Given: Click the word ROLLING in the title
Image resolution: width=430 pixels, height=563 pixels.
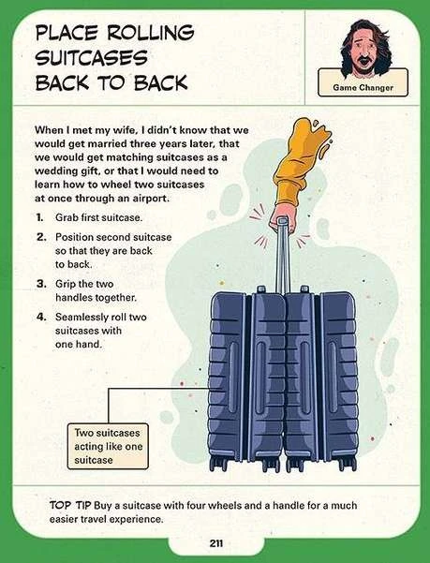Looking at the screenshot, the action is (151, 33).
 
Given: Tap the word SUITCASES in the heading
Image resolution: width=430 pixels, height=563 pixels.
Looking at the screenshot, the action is (92, 58).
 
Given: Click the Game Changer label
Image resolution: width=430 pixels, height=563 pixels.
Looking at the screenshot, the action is (363, 87).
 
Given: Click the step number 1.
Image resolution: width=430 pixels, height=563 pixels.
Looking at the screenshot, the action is (39, 217).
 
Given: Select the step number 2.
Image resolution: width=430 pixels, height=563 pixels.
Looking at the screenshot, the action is (41, 237).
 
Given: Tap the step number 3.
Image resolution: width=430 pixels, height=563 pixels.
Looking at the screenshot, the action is (41, 284).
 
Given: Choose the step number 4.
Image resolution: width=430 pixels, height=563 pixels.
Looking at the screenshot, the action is (41, 317).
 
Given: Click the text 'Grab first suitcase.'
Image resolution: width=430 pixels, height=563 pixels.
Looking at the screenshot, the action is (98, 217).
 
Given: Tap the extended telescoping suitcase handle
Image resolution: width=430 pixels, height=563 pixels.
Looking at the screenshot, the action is (282, 255).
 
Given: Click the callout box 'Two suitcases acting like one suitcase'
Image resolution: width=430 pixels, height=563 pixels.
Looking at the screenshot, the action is (108, 446).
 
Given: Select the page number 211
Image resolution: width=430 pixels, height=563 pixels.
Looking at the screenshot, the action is (215, 543).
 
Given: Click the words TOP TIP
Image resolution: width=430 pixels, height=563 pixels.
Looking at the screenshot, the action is (70, 505).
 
